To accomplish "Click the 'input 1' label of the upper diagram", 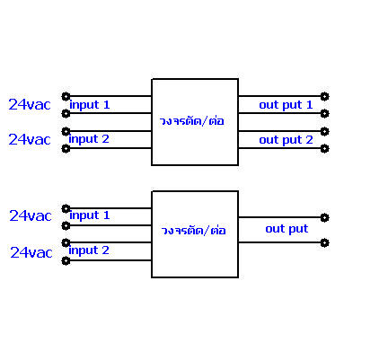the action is pos(90,105).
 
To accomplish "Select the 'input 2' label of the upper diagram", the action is pos(89,139).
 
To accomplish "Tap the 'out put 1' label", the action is pos(286,105).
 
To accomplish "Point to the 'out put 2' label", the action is pos(286,140).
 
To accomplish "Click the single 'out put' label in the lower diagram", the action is pos(287,229).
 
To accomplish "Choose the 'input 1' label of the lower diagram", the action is pos(90,215).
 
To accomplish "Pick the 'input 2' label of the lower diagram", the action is pos(89,250).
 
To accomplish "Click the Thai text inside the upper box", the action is pos(191,121).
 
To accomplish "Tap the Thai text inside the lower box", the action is pos(193,231).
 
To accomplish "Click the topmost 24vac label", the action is pos(30,105).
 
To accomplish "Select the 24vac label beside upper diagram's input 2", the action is pos(30,139).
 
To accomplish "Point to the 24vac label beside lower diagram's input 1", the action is pos(31,215).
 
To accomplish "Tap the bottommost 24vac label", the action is pos(31,252).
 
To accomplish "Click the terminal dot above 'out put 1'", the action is pos(324,96).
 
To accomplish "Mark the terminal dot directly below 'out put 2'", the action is pos(324,149).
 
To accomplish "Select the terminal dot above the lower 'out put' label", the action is pos(324,217).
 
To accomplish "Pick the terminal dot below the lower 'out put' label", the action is pos(324,242).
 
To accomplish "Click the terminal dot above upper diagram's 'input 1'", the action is pos(66,96).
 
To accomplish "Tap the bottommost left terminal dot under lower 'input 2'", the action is pos(66,261).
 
